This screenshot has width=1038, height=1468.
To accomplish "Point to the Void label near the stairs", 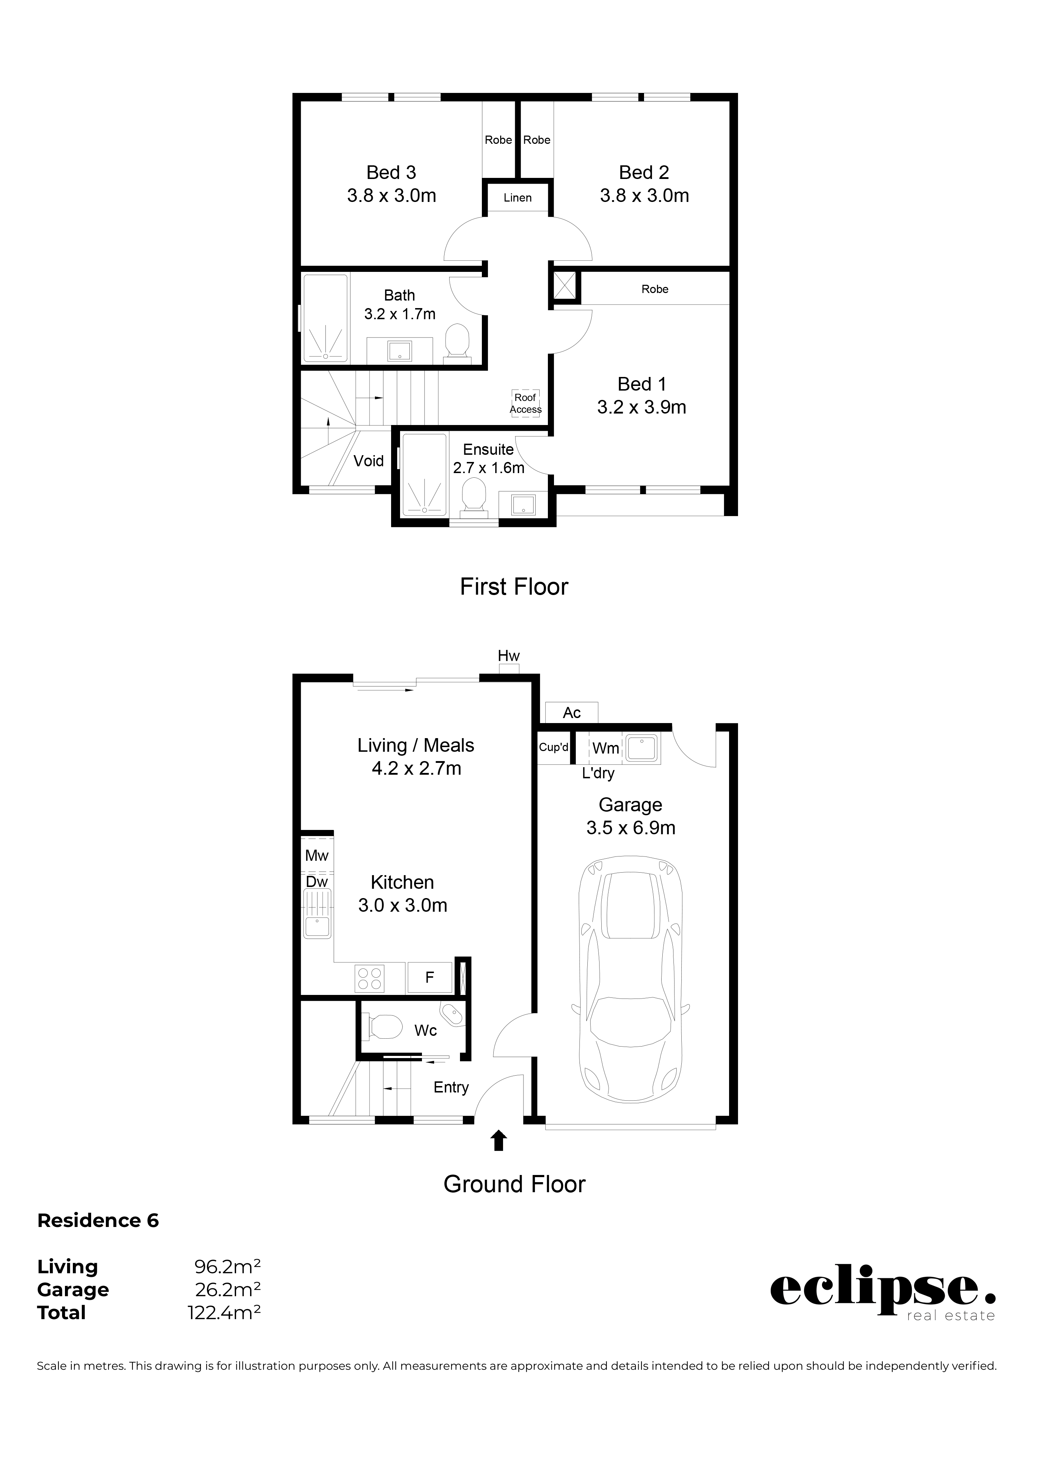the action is [368, 461].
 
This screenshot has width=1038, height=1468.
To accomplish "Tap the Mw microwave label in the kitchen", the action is [316, 855].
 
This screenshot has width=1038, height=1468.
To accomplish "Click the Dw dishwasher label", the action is [316, 882].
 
